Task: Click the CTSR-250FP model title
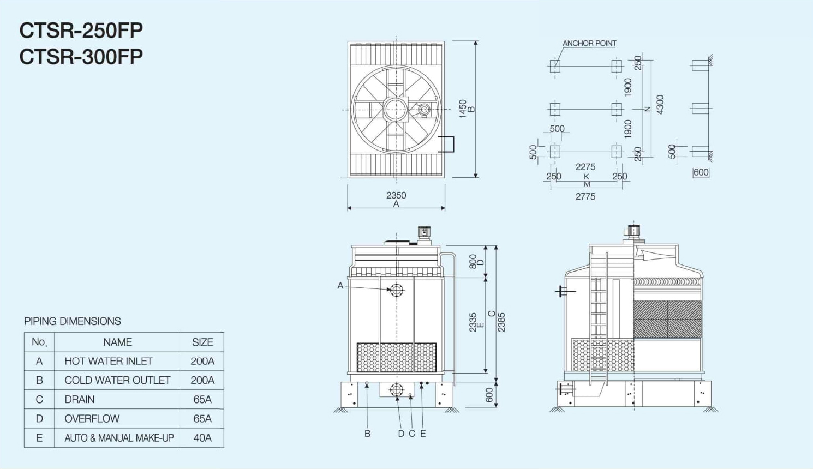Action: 81,31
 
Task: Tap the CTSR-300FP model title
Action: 81,57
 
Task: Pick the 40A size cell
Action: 202,438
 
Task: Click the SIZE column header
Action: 202,342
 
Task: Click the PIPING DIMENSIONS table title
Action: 73,321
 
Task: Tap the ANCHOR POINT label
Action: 589,44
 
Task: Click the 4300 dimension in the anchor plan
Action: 660,105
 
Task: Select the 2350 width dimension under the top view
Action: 396,195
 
